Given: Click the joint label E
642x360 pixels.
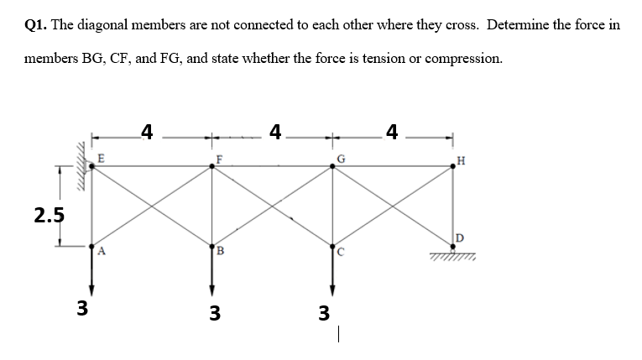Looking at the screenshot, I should [x=101, y=156].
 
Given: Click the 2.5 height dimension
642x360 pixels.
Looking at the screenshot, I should [x=50, y=213].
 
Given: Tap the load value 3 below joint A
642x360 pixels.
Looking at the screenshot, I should [x=82, y=307].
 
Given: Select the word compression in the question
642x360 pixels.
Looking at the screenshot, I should [x=462, y=59].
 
